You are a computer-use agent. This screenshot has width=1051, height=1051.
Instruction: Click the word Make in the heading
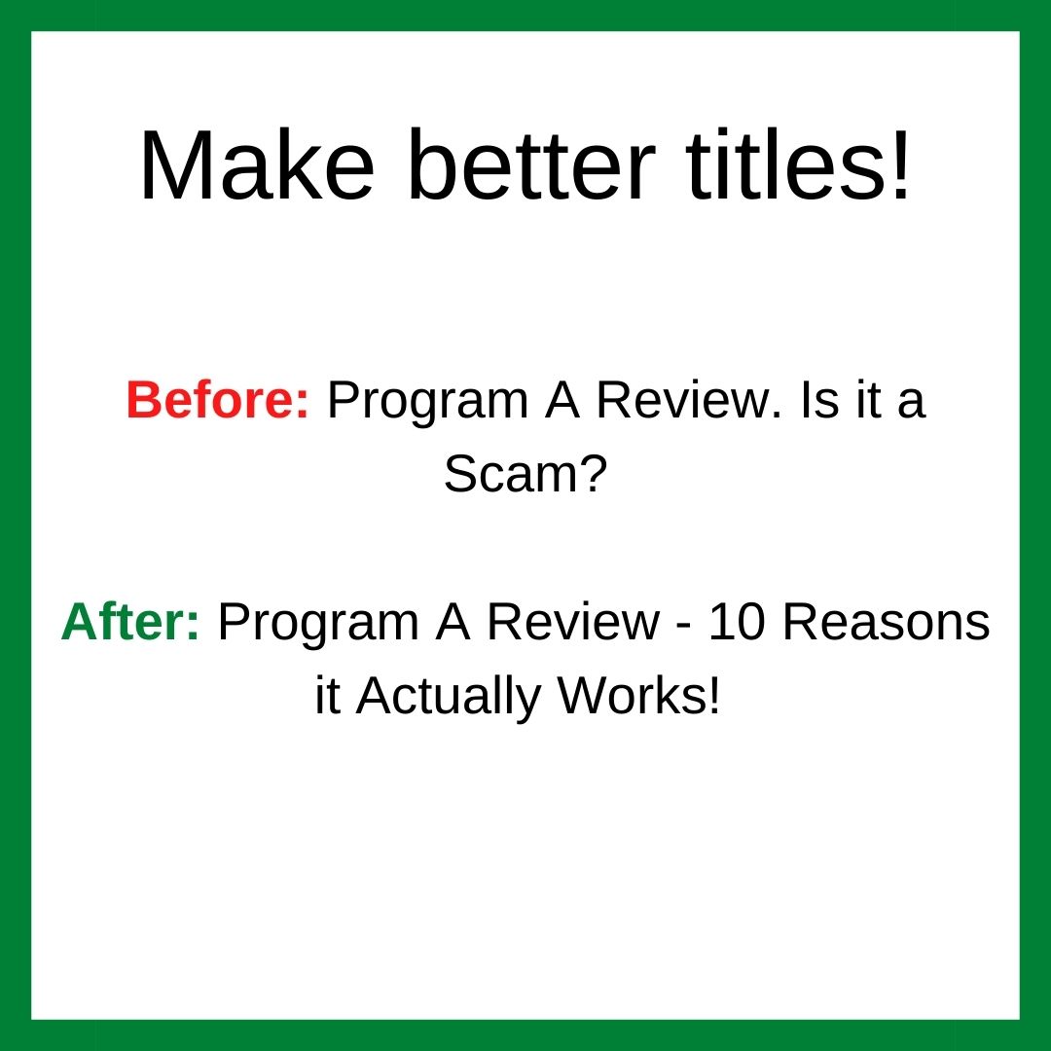(257, 164)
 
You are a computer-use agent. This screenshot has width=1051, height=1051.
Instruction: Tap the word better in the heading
(531, 164)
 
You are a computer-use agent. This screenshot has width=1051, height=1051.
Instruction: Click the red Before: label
(218, 400)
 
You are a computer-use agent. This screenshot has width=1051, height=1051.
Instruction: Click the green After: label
(130, 622)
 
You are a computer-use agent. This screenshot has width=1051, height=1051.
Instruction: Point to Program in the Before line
(428, 402)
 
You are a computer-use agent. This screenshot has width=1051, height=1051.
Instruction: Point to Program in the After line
(319, 625)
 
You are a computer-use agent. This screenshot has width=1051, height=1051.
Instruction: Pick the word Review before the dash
(573, 622)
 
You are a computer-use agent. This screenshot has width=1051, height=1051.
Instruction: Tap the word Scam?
(525, 473)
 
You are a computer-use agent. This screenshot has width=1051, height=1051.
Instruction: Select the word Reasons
(887, 622)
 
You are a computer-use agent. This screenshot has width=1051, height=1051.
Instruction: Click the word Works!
(638, 696)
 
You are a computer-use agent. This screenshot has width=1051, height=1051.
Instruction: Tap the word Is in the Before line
(819, 400)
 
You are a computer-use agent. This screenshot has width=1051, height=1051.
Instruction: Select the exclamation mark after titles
(899, 164)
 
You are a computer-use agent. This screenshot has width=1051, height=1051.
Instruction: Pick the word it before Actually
(328, 696)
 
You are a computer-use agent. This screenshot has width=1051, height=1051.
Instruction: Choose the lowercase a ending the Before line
(912, 406)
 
